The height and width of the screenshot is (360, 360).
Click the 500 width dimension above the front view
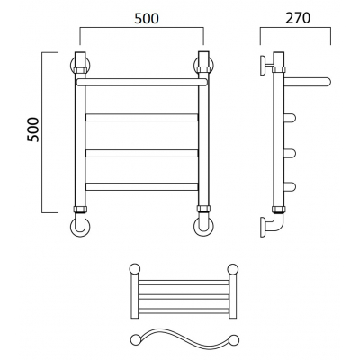click(147, 19)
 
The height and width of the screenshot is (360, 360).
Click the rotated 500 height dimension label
click(33, 130)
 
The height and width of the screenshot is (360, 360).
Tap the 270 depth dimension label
click(298, 18)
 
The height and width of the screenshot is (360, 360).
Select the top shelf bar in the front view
click(141, 82)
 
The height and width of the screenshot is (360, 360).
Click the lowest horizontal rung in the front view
click(142, 186)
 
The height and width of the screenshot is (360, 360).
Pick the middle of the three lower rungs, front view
click(142, 153)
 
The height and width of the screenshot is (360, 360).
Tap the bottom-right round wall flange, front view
click(203, 226)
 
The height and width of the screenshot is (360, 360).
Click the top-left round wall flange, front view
click(80, 65)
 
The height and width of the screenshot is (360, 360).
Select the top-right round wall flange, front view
click(203, 65)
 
